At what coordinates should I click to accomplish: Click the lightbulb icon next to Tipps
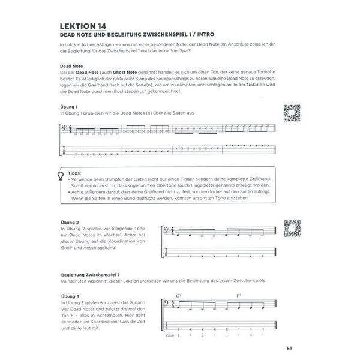61,175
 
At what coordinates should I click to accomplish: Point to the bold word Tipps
76,172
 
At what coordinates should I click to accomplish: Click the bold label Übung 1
71,106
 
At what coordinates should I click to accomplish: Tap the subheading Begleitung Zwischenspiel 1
94,273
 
